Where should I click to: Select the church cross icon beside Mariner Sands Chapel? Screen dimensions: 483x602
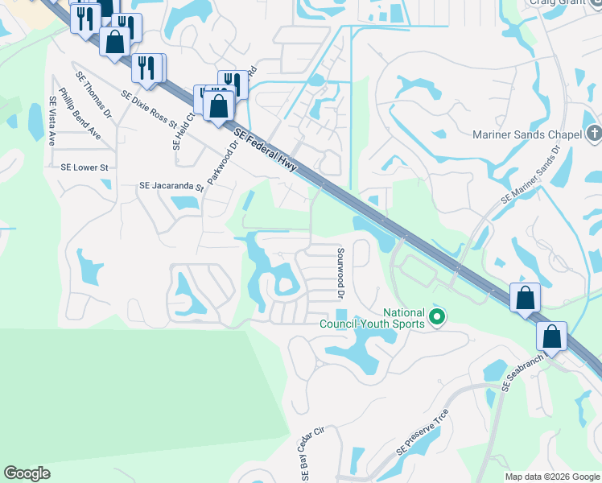(594, 133)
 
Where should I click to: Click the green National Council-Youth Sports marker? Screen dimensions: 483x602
(437, 318)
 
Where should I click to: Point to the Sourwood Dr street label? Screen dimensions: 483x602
(339, 275)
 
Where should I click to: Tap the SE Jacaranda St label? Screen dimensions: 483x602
(171, 186)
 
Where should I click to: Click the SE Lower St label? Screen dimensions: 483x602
(85, 167)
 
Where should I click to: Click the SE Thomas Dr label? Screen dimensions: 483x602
(96, 97)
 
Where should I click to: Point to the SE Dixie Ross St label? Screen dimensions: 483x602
(149, 108)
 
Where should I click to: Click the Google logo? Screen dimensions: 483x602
(27, 473)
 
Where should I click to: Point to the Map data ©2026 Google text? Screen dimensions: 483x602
(551, 477)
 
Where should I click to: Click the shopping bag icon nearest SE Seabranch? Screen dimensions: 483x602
(552, 335)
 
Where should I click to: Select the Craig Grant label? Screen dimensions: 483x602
(562, 3)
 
